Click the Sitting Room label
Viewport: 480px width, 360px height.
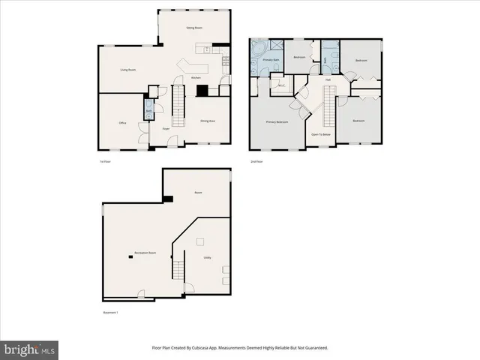click(194, 28)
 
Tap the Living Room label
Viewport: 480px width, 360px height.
click(127, 70)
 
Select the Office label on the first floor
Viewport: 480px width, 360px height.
click(122, 122)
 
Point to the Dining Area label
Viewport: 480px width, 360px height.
click(208, 121)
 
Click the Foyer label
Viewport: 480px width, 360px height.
click(165, 128)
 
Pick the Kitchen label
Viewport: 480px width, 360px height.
click(196, 78)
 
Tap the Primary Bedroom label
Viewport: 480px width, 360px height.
click(277, 121)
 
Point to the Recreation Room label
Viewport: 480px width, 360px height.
click(145, 253)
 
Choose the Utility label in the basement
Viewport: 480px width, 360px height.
click(207, 258)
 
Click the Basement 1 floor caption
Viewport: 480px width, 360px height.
click(110, 312)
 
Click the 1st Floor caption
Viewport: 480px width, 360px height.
click(106, 161)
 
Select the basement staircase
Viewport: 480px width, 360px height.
click(178, 265)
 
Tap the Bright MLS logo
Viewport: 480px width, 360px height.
click(30, 349)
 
